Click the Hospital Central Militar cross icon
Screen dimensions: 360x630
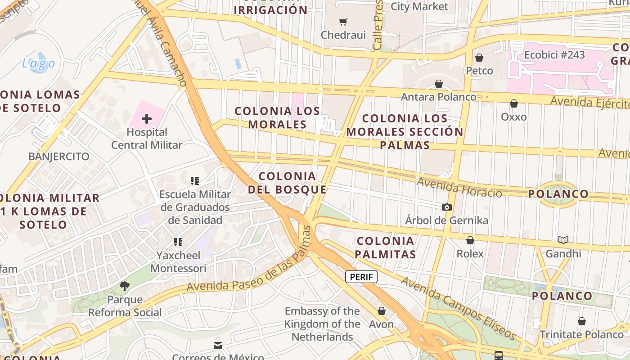pyautogui.click(x=147, y=119)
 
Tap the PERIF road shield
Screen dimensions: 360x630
pyautogui.click(x=361, y=277)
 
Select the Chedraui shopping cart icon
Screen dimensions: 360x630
pyautogui.click(x=343, y=22)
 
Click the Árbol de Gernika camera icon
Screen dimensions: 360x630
pyautogui.click(x=446, y=207)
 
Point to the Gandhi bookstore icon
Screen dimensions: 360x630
pyautogui.click(x=563, y=240)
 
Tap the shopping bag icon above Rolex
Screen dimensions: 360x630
pyautogui.click(x=470, y=240)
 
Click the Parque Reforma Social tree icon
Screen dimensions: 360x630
pyautogui.click(x=125, y=286)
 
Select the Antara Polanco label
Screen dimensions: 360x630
pyautogui.click(x=438, y=97)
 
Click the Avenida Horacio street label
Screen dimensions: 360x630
pyautogui.click(x=459, y=187)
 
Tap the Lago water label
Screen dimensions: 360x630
pyautogui.click(x=39, y=64)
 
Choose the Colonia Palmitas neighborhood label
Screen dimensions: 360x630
pyautogui.click(x=385, y=247)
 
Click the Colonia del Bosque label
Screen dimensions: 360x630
pyautogui.click(x=287, y=183)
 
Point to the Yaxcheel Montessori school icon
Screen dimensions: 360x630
pyautogui.click(x=178, y=242)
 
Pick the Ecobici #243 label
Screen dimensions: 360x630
pyautogui.click(x=554, y=55)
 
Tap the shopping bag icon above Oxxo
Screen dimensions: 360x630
pyautogui.click(x=514, y=103)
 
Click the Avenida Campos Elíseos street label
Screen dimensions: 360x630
pyautogui.click(x=458, y=308)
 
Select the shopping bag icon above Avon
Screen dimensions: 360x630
pyautogui.click(x=382, y=311)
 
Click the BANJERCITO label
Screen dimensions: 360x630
pyautogui.click(x=58, y=157)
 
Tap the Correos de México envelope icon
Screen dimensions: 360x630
pyautogui.click(x=218, y=346)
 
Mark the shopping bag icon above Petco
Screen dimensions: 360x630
pyautogui.click(x=479, y=58)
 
